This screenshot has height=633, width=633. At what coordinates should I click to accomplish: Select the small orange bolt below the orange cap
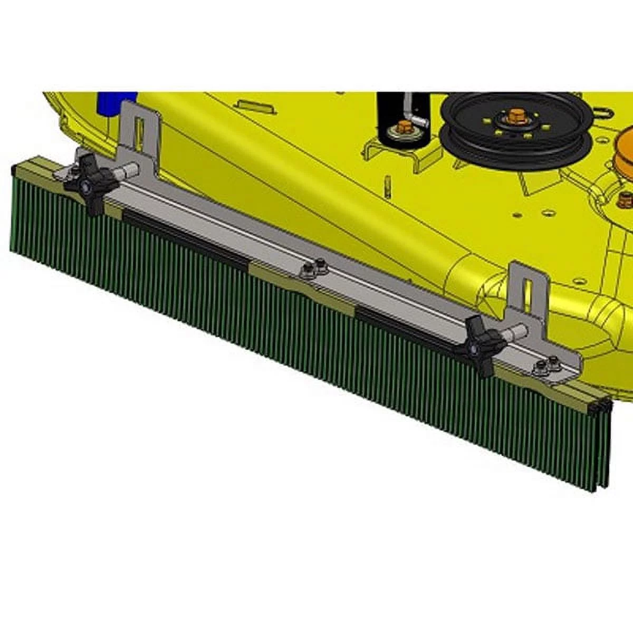(x=626, y=199)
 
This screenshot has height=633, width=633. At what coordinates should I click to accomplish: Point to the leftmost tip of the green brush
(x=12, y=211)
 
